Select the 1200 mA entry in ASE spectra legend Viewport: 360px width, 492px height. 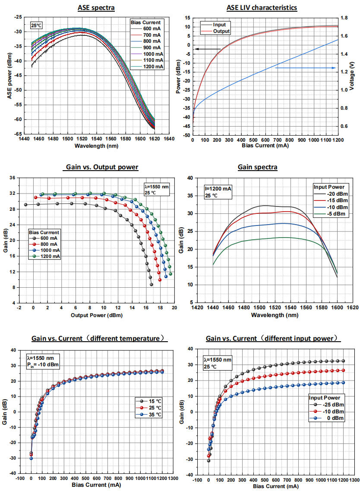click(x=149, y=67)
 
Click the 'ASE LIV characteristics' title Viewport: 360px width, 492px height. click(x=262, y=8)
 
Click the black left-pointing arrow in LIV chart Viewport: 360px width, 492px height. click(x=207, y=49)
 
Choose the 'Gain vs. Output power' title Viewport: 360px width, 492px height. click(x=96, y=167)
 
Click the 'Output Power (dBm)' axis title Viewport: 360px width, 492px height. click(x=96, y=315)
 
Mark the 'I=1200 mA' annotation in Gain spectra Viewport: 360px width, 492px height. click(x=218, y=188)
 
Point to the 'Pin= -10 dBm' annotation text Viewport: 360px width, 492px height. click(x=39, y=365)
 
